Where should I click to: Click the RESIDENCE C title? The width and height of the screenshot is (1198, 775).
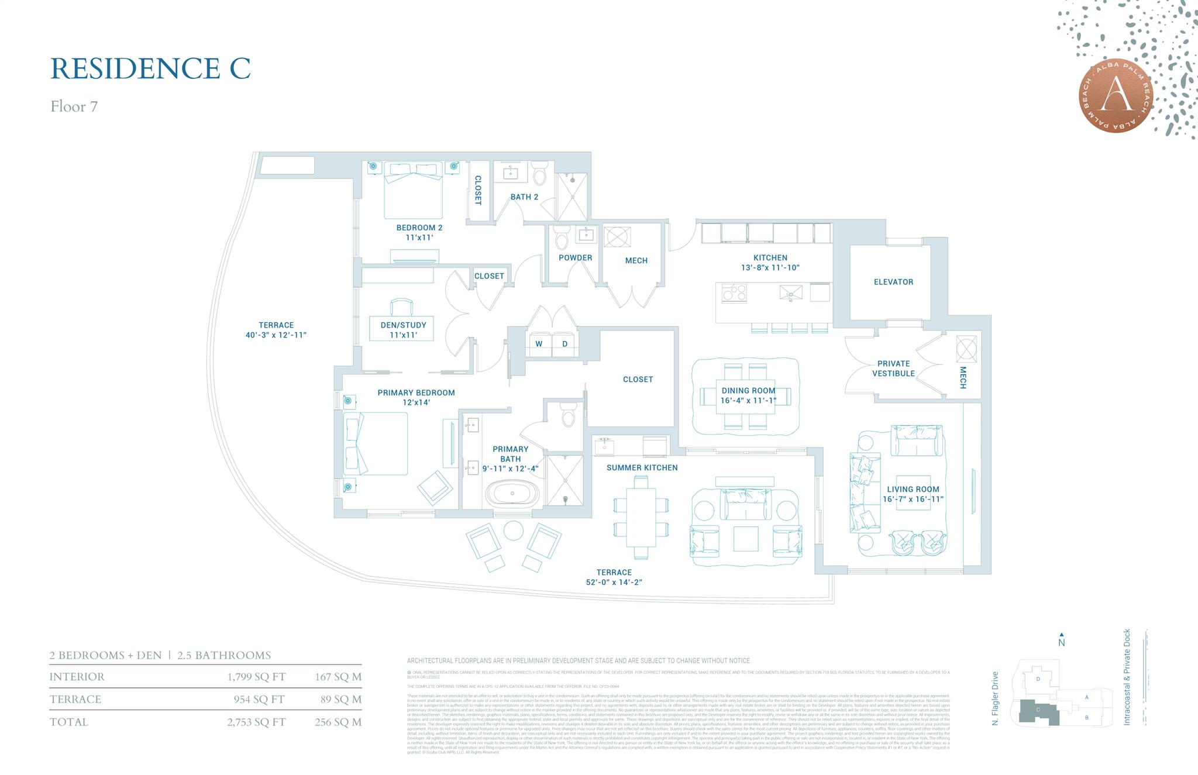[x=150, y=68]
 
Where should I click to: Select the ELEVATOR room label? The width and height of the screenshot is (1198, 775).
[x=893, y=282]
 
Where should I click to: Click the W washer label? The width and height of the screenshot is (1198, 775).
[x=539, y=344]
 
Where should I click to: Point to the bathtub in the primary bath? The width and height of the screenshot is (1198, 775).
[x=512, y=494]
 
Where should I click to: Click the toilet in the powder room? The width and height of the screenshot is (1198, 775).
[x=561, y=239]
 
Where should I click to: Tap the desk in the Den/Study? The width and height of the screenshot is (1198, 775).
[x=401, y=328]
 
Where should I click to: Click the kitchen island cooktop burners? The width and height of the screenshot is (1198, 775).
[x=734, y=292]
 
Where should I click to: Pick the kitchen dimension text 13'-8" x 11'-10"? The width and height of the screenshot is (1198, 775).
[x=770, y=267]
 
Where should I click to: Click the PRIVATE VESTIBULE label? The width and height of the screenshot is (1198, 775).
[x=893, y=368]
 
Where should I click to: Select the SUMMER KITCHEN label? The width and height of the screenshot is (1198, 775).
[x=642, y=468]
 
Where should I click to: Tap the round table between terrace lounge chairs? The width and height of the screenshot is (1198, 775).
[x=514, y=531]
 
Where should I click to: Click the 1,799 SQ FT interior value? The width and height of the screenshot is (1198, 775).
[x=256, y=677]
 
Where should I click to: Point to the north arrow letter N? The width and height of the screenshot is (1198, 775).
[x=1062, y=643]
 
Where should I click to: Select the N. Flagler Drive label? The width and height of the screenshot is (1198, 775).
[x=995, y=698]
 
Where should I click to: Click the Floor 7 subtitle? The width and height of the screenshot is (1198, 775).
[x=74, y=106]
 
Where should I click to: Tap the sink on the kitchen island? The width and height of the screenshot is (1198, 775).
[x=791, y=292]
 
